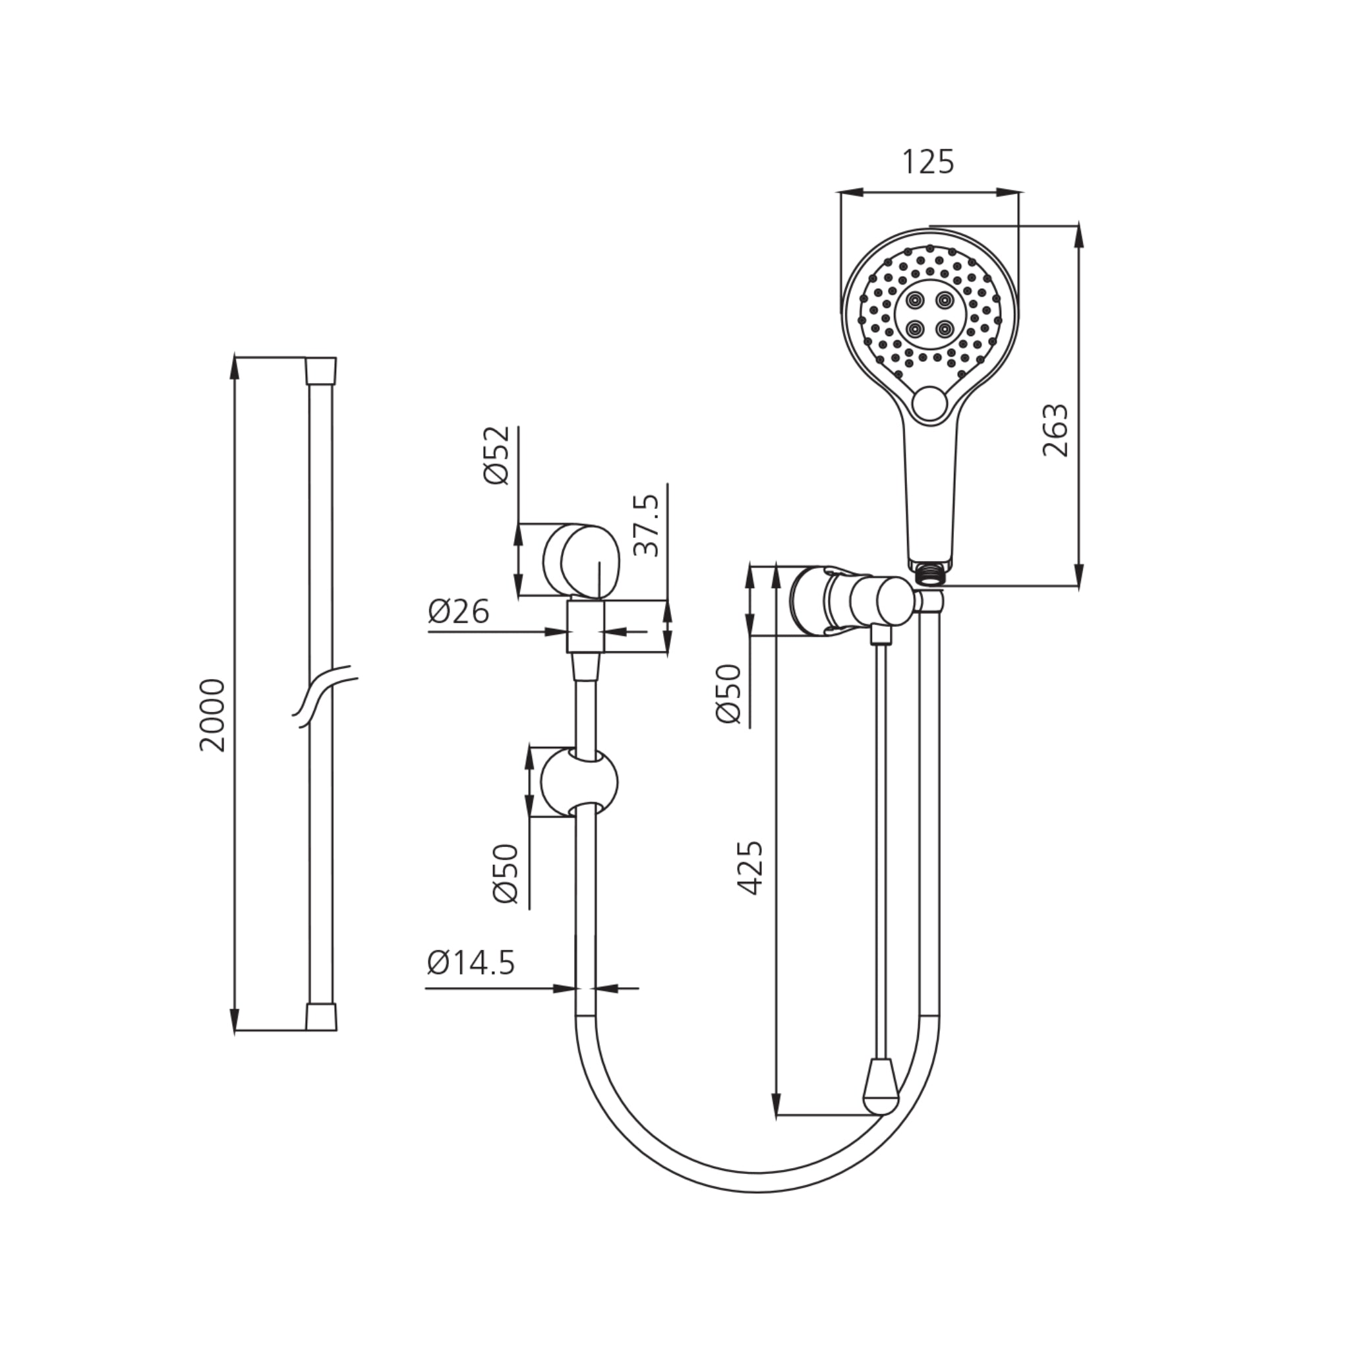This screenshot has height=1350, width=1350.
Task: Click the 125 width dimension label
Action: tap(928, 162)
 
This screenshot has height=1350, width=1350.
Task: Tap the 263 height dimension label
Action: tap(1055, 430)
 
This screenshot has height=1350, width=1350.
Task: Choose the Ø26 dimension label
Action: tap(458, 613)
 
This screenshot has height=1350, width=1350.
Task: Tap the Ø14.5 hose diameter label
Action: tap(471, 963)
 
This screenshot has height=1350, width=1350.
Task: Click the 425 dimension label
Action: tap(749, 868)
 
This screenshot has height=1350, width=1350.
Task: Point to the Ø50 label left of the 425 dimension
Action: tap(728, 694)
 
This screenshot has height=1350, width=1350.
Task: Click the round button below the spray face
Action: tap(929, 404)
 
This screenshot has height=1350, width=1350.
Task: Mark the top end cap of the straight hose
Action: tap(321, 370)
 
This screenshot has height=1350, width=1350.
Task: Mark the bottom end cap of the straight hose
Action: tap(321, 1017)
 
